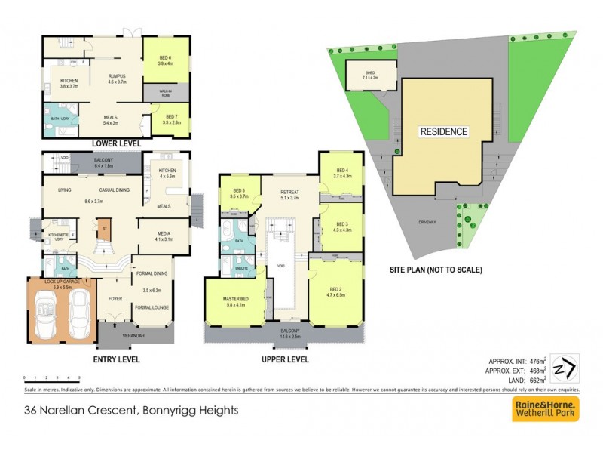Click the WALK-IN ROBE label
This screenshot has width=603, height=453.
pos(165,92)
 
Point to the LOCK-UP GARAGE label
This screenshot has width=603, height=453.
pos(63,282)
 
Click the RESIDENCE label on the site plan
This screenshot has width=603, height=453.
pos(443,131)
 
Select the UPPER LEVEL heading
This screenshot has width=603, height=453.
pos(285,360)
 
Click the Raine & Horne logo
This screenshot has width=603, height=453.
pos(546,408)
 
